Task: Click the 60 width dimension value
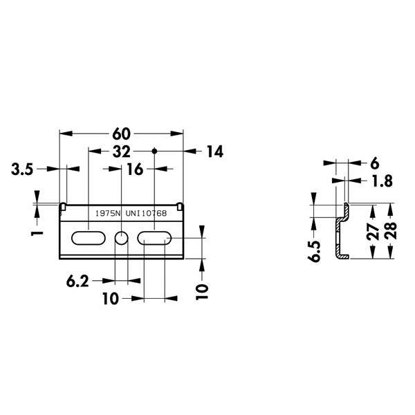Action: pos(122,133)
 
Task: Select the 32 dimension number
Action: pos(122,151)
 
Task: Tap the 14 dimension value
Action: pos(215,151)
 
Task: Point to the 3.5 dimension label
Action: pos(22,169)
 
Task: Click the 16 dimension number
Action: pos(135,169)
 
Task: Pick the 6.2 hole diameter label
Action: pos(77,282)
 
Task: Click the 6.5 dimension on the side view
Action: pos(315,251)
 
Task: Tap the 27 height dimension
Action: pos(373,232)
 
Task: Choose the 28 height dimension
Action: pos(391,231)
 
